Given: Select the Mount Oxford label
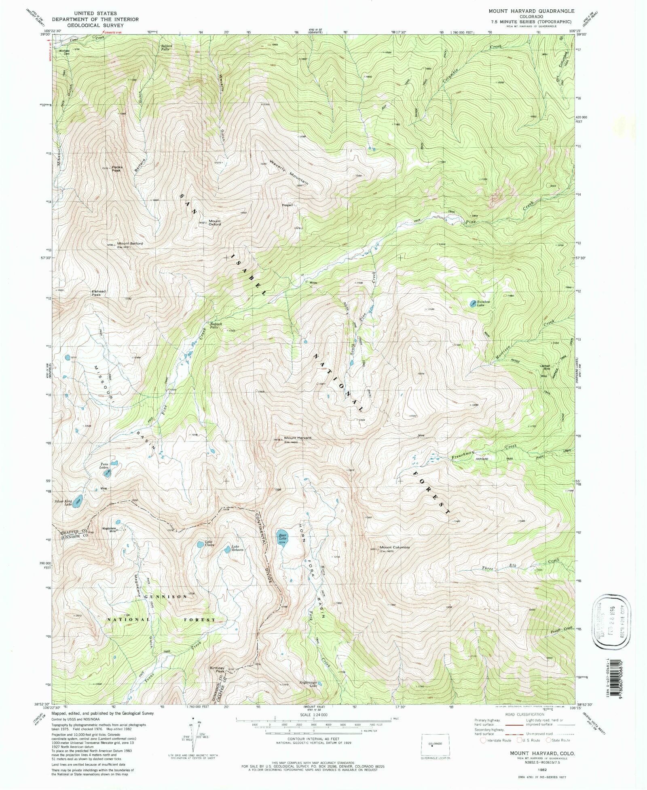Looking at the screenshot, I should pos(215,223).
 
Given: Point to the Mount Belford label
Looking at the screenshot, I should pos(130,244).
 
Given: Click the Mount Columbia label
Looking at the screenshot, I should pos(394,547).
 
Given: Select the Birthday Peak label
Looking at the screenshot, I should pos(217,669).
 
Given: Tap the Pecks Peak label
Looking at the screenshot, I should pos(117,169).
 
